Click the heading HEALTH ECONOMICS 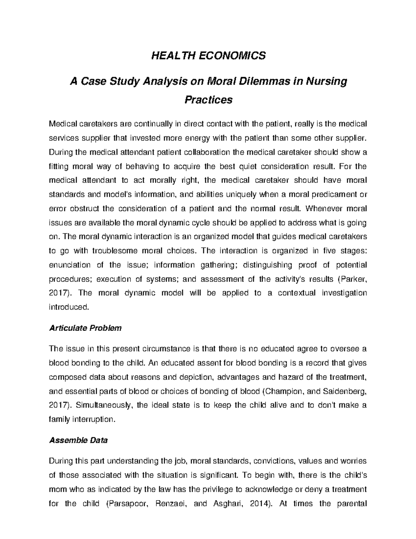(x=208, y=56)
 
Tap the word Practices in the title (x=208, y=100)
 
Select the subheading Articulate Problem (x=85, y=328)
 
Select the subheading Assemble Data (x=78, y=440)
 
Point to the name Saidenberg (x=344, y=391)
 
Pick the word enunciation (x=70, y=265)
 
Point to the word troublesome (x=112, y=251)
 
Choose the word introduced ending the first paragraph (x=69, y=307)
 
